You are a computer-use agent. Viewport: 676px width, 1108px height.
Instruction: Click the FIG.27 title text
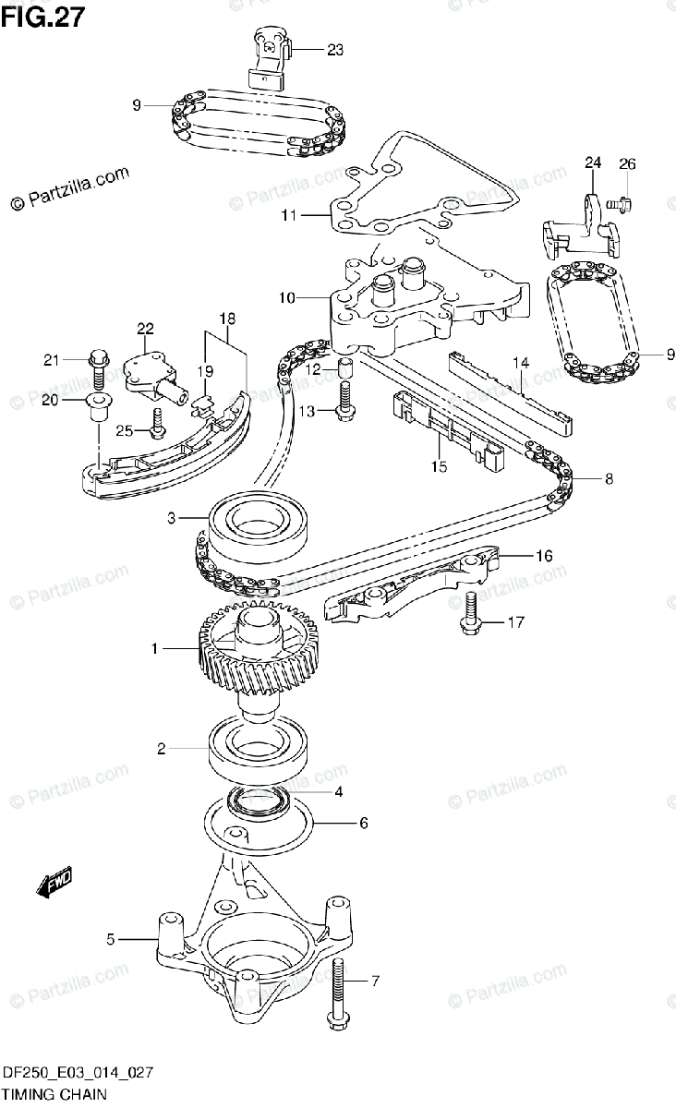coord(42,18)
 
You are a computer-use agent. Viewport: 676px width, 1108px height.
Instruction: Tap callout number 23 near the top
coord(334,50)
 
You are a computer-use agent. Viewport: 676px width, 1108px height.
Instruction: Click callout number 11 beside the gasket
coord(288,216)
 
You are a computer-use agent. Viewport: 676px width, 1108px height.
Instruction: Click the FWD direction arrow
coord(54,884)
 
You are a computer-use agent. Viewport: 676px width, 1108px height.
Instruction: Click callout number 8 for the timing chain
coord(608,478)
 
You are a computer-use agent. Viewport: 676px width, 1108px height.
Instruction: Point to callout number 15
coord(438,467)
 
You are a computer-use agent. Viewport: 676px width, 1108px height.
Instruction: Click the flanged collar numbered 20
coord(96,403)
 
